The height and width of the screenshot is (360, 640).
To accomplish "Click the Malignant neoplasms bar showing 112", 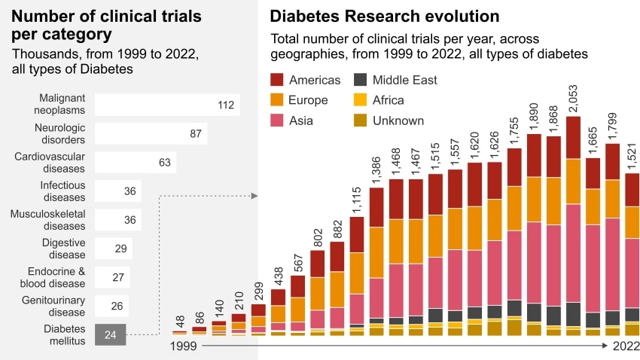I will [166, 105].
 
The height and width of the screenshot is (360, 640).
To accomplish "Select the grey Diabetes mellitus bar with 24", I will [111, 334].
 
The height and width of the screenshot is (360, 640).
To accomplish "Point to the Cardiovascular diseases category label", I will [50, 162].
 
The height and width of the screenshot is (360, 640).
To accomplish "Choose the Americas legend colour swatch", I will [276, 80].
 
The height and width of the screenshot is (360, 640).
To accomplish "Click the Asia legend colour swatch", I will [276, 121].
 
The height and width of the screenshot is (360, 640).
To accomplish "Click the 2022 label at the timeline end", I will [625, 346].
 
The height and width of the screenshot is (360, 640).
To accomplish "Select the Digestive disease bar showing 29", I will [114, 249].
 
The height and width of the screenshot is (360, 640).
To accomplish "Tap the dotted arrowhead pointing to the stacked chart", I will [254, 196].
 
